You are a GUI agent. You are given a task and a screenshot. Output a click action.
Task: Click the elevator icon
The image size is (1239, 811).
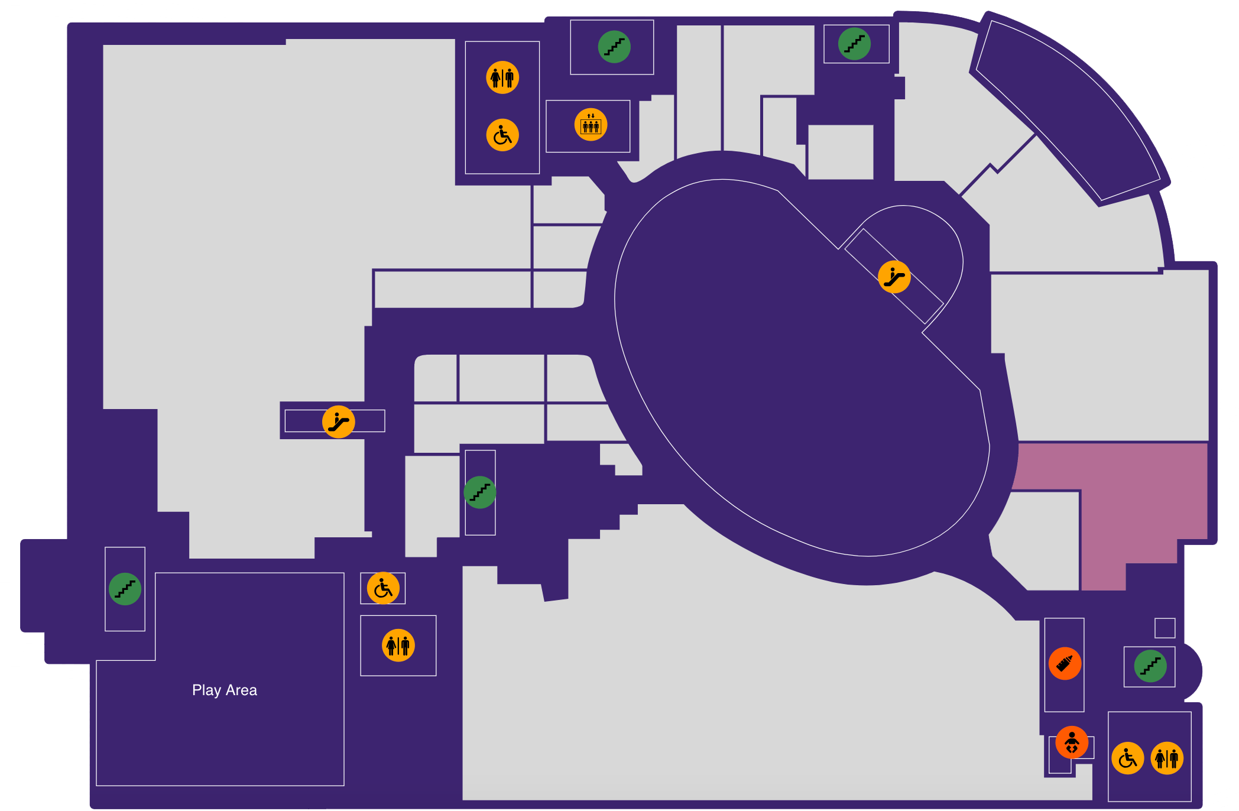[x=591, y=125]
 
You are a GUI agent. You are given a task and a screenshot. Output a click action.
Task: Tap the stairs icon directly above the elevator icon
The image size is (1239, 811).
[x=614, y=47]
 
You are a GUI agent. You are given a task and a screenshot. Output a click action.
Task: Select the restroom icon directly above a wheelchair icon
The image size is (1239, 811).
[x=502, y=77]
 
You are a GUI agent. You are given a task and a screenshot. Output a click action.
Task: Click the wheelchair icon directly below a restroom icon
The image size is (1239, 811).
[x=502, y=135]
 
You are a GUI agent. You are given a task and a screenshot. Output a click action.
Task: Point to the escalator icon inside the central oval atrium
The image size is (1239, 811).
[x=894, y=277]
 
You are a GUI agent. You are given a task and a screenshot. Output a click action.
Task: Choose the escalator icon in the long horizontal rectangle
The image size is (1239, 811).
[x=338, y=421]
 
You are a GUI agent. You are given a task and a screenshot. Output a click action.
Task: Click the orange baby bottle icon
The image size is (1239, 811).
[x=1065, y=663]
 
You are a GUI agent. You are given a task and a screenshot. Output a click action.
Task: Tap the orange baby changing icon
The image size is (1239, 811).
[x=1072, y=742]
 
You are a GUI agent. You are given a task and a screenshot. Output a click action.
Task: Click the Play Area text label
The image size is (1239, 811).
[x=225, y=690]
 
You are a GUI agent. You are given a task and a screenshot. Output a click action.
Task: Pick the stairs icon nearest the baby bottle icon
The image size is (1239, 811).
[x=1150, y=666]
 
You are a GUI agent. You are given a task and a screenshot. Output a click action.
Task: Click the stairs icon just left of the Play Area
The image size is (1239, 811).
[x=125, y=589]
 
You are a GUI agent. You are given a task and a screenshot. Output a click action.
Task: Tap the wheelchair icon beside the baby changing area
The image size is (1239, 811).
[x=1128, y=758]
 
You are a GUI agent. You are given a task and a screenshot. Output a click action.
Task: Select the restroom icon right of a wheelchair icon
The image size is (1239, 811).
[x=1167, y=758]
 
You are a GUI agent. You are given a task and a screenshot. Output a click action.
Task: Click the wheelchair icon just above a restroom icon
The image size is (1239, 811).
[x=383, y=588]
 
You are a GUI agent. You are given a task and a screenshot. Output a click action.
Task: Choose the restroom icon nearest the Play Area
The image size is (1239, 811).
[x=398, y=645]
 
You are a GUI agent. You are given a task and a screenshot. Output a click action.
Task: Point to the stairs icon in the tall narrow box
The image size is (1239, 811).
[x=479, y=492]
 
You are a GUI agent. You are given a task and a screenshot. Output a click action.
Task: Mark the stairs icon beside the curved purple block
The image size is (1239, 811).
[x=854, y=44]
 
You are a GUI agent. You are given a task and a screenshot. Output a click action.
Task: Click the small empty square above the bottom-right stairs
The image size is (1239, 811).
[x=1165, y=628]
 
